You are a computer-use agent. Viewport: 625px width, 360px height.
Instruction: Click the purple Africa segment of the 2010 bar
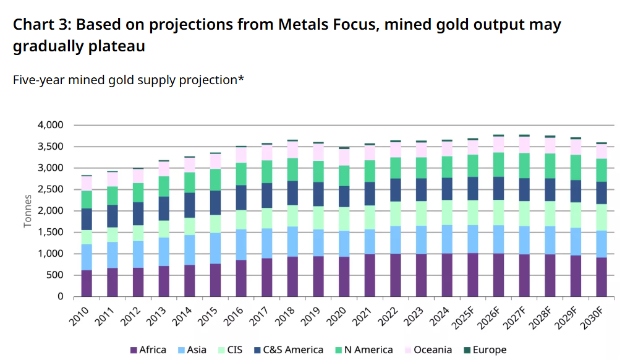[x=87, y=283]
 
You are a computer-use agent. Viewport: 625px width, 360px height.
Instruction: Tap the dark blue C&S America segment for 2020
[x=344, y=195]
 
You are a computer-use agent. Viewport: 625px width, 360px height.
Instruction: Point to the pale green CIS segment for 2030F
[x=601, y=217]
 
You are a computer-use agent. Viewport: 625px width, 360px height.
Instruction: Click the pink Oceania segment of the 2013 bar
[x=164, y=169]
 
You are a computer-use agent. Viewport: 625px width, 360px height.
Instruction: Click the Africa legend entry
[x=148, y=349]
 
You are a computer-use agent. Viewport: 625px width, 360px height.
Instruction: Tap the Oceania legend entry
[x=429, y=349]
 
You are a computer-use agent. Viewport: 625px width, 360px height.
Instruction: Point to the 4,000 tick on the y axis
[x=51, y=125]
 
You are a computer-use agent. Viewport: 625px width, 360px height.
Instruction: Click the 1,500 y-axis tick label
[x=51, y=232]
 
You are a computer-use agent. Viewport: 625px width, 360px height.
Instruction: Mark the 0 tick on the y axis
[x=60, y=296]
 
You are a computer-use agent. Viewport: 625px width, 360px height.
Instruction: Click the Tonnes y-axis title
[x=28, y=210]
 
